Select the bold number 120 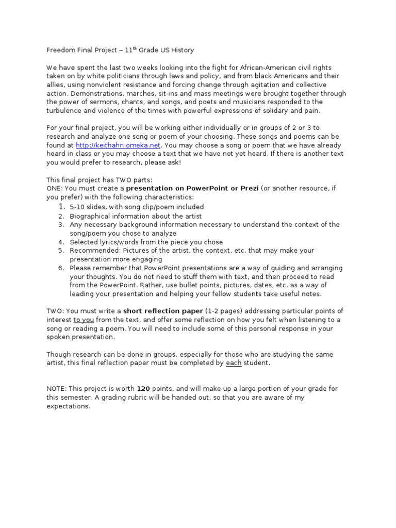pos(143,388)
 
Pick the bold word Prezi pos(247,188)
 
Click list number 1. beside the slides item pos(62,207)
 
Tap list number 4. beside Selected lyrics pos(61,242)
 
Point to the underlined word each pos(233,363)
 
